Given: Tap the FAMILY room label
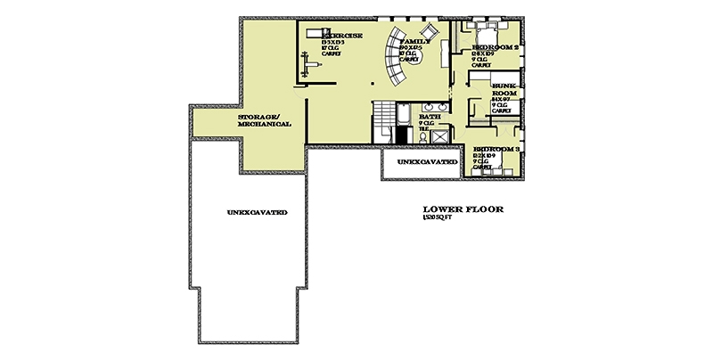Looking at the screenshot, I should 416,42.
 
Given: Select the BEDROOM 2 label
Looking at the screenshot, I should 496,46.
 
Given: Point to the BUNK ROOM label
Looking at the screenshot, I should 505,89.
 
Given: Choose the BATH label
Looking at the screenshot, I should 430,117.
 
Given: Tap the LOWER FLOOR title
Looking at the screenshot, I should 463,210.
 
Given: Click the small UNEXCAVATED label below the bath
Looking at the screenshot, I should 422,163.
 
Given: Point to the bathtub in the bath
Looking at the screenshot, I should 400,116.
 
